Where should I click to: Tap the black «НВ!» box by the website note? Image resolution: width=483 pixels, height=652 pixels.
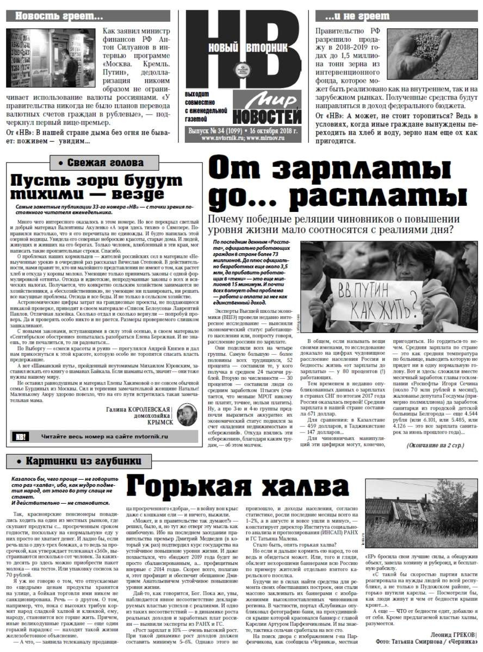[21, 436]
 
